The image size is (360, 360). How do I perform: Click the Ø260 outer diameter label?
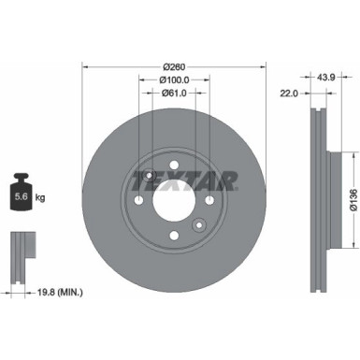[x=174, y=66]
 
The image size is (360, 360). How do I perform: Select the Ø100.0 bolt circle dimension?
[x=174, y=80]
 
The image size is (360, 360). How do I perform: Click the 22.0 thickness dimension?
[x=289, y=94]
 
